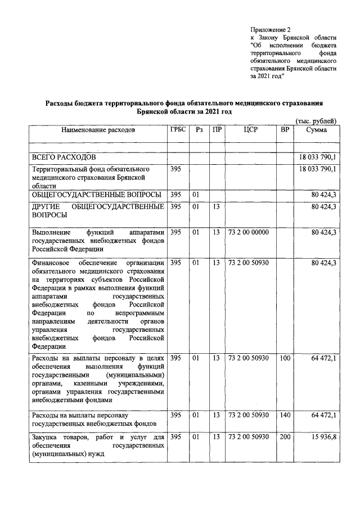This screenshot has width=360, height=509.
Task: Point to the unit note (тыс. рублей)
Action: point(316,121)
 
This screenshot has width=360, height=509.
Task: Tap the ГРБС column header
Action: point(178,130)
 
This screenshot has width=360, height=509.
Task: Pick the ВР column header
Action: point(285,130)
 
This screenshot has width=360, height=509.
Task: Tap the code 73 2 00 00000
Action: point(249,232)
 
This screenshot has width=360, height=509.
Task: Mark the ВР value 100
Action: point(285,358)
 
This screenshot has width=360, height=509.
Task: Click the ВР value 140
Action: point(285,415)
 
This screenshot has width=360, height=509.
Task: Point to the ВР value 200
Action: point(285,437)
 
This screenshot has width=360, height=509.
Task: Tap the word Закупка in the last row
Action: point(47,437)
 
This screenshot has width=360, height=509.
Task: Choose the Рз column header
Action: point(199,130)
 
